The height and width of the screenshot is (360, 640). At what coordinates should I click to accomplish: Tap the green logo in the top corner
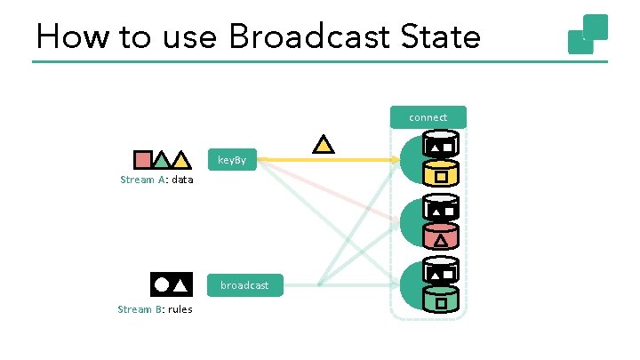pyautogui.click(x=588, y=34)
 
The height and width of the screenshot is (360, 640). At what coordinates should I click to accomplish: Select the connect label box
pyautogui.click(x=428, y=117)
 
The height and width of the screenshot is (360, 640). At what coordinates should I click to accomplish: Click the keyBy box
pyautogui.click(x=233, y=161)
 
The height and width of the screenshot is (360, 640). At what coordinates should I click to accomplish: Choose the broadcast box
pyautogui.click(x=244, y=284)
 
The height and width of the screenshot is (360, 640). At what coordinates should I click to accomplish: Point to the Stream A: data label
pyautogui.click(x=156, y=180)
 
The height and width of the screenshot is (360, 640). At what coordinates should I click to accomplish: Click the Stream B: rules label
pyautogui.click(x=155, y=309)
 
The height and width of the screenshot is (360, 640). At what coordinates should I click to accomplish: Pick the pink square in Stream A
pyautogui.click(x=142, y=160)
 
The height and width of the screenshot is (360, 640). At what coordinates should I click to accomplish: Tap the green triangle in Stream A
pyautogui.click(x=161, y=161)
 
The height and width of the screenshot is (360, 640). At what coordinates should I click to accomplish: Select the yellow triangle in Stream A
pyautogui.click(x=180, y=161)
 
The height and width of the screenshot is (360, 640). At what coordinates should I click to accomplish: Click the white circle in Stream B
pyautogui.click(x=161, y=284)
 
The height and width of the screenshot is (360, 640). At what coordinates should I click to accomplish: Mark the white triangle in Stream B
pyautogui.click(x=180, y=285)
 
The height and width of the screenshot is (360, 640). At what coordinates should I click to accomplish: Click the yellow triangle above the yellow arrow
pyautogui.click(x=324, y=143)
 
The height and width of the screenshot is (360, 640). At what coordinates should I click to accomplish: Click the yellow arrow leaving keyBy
pyautogui.click(x=329, y=160)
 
